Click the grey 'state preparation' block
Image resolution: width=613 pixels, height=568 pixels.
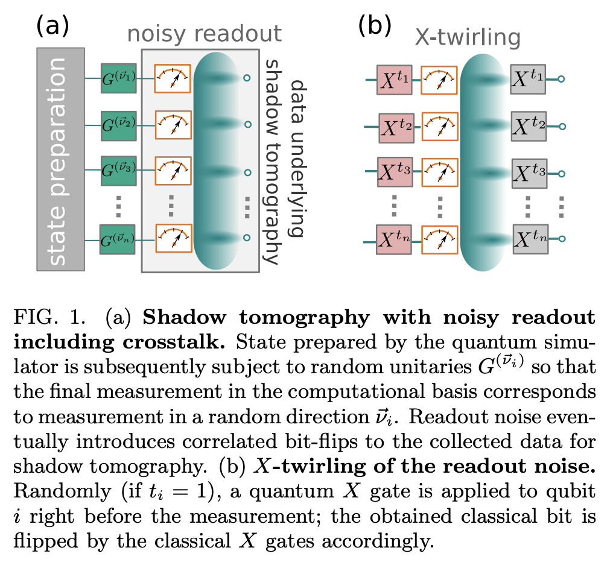point(60,159)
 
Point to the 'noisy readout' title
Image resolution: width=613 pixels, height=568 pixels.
point(204,34)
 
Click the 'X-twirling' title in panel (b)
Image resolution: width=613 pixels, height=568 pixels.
point(467,37)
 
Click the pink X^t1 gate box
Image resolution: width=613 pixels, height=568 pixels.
point(394,79)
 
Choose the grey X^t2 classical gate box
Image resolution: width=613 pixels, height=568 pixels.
point(529,126)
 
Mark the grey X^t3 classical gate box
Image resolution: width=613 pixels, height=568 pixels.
point(529,173)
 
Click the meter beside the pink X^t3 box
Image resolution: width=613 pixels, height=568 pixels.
point(439,173)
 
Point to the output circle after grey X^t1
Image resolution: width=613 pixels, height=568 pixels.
point(562,79)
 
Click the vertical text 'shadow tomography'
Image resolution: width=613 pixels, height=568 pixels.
point(273,162)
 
